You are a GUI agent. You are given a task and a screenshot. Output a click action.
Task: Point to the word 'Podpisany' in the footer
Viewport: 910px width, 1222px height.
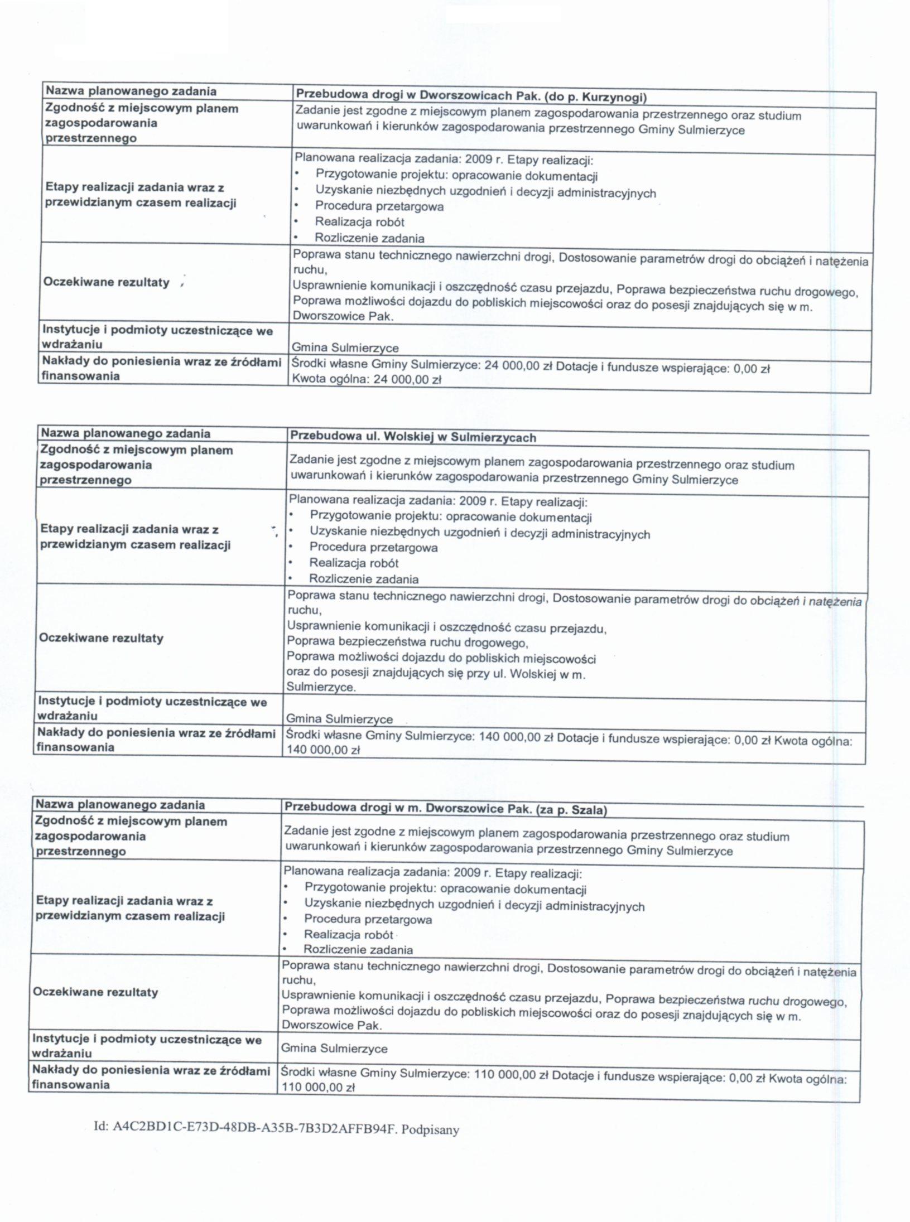(430, 1129)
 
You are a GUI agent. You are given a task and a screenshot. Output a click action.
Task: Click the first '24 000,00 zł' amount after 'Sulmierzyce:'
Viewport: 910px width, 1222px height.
(519, 366)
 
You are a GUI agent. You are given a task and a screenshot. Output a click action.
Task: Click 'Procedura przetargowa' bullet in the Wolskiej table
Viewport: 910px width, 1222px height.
(373, 548)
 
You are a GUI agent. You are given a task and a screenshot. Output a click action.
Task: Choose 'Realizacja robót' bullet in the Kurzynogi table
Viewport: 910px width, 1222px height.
(359, 222)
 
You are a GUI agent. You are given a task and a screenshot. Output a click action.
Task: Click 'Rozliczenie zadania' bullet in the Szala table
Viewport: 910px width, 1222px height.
(358, 949)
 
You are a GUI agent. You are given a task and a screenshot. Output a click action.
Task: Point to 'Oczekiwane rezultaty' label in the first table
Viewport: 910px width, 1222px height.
(106, 282)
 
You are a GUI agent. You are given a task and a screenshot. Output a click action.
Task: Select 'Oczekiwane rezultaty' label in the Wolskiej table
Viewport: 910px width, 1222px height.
(101, 638)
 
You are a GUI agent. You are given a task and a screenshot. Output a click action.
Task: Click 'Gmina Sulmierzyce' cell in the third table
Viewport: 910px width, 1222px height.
(334, 1048)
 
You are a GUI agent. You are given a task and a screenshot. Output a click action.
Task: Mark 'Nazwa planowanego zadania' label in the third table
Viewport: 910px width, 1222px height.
(120, 805)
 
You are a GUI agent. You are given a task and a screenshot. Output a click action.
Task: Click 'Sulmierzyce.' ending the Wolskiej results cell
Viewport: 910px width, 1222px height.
(321, 687)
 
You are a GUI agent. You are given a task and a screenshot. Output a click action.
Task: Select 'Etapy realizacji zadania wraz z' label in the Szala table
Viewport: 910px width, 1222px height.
(124, 901)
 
